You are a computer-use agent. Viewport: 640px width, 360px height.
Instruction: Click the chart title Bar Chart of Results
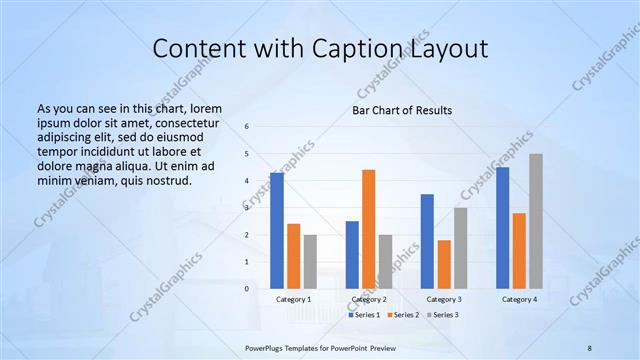pyautogui.click(x=401, y=110)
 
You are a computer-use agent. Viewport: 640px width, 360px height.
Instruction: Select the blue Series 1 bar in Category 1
pyautogui.click(x=277, y=230)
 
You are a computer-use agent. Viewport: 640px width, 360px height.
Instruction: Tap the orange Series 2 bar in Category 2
pyautogui.click(x=368, y=229)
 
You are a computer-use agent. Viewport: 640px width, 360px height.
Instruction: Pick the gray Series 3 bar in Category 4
pyautogui.click(x=536, y=221)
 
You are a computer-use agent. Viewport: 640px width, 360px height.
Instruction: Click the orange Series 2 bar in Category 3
pyautogui.click(x=444, y=264)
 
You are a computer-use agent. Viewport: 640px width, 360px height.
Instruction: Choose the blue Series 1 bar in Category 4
pyautogui.click(x=502, y=227)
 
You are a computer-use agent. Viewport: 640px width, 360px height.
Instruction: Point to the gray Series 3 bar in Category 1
pyautogui.click(x=310, y=261)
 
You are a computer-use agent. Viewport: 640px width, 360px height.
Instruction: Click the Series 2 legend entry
pyautogui.click(x=402, y=314)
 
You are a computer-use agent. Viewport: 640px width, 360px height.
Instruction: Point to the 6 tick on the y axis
pyautogui.click(x=248, y=127)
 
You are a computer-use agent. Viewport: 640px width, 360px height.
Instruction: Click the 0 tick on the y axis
pyautogui.click(x=248, y=288)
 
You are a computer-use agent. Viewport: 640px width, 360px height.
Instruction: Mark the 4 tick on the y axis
pyautogui.click(x=248, y=181)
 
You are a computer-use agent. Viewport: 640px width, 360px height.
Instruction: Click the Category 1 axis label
pyautogui.click(x=294, y=299)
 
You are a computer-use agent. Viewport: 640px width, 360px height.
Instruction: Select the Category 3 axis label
pyautogui.click(x=444, y=299)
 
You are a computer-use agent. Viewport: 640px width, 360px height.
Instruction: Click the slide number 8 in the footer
pyautogui.click(x=589, y=346)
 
